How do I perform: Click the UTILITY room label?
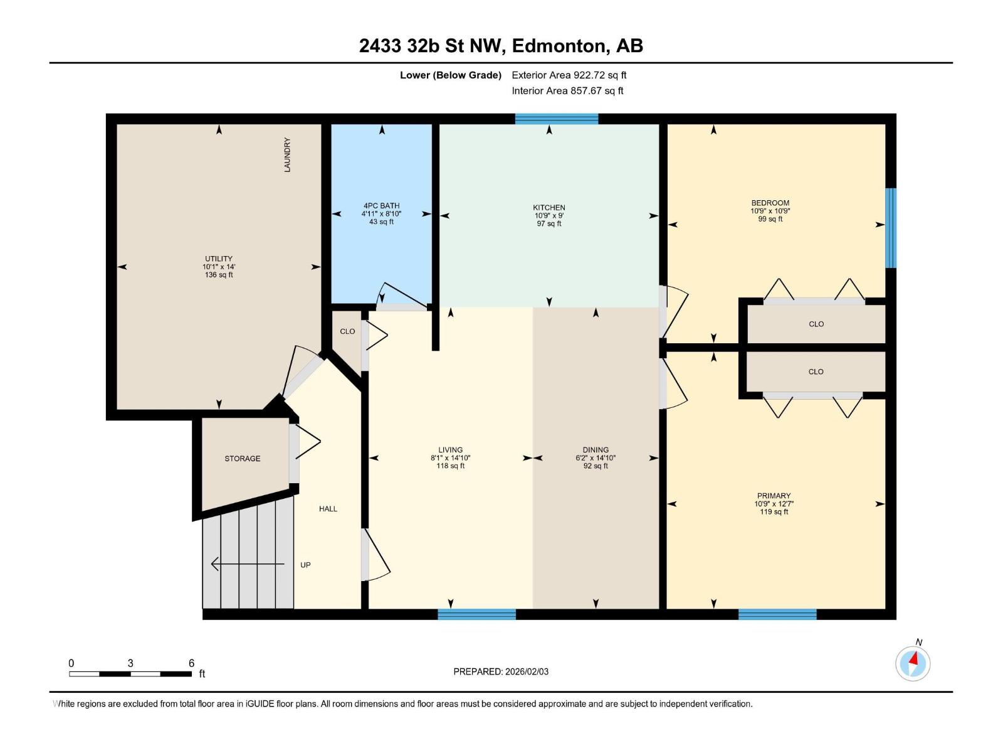pyautogui.click(x=219, y=259)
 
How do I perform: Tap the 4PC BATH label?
pyautogui.click(x=382, y=206)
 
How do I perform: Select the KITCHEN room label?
pyautogui.click(x=549, y=208)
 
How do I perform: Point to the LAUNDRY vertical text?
pyautogui.click(x=287, y=155)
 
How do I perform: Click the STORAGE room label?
pyautogui.click(x=242, y=459)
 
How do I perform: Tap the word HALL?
pyautogui.click(x=328, y=509)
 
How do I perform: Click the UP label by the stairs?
pyautogui.click(x=306, y=565)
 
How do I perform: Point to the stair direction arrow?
pyautogui.click(x=248, y=564)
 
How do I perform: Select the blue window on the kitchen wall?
pyautogui.click(x=557, y=119)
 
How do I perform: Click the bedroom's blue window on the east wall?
pyautogui.click(x=891, y=228)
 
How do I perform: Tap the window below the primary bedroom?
pyautogui.click(x=777, y=614)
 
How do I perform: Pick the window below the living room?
pyautogui.click(x=476, y=614)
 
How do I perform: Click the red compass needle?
pyautogui.click(x=914, y=659)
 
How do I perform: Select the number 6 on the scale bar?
pyautogui.click(x=191, y=663)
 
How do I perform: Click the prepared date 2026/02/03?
pyautogui.click(x=527, y=671)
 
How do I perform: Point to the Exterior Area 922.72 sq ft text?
pyautogui.click(x=569, y=75)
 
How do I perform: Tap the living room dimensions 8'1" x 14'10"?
pyautogui.click(x=451, y=457)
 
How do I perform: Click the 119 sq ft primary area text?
pyautogui.click(x=774, y=512)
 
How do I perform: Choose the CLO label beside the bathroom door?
pyautogui.click(x=347, y=331)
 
